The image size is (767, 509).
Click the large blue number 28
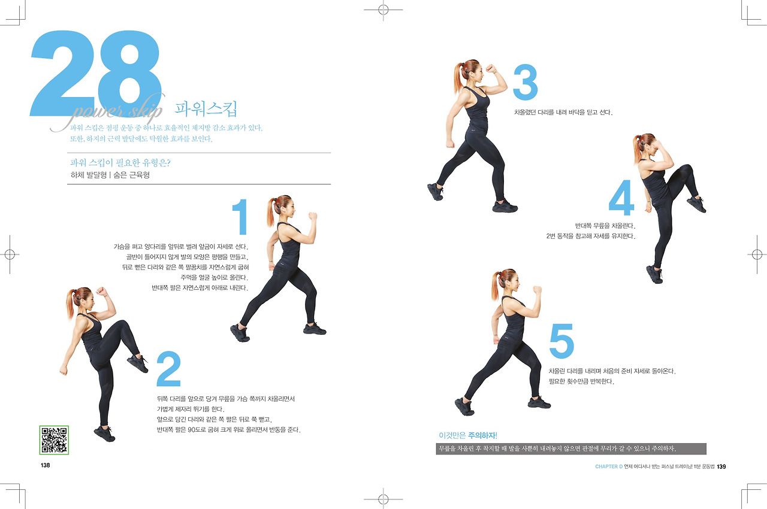tap(96, 74)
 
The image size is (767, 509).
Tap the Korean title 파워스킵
tap(206, 109)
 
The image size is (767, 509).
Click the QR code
tap(54, 440)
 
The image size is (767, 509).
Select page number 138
tap(45, 465)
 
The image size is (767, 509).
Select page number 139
tap(721, 466)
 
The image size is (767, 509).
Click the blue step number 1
tap(240, 217)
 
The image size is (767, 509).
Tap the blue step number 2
tap(168, 369)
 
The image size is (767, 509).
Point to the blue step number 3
tap(526, 82)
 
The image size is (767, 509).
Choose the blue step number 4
tap(621, 198)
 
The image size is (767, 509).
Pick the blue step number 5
tap(561, 341)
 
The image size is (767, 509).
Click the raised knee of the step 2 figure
tap(122, 326)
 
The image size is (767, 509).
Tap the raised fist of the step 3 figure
tap(491, 69)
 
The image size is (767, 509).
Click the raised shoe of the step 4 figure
tap(696, 204)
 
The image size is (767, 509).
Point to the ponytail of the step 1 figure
tap(271, 212)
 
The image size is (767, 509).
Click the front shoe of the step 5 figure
tap(539, 402)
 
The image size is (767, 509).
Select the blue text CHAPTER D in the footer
tap(609, 466)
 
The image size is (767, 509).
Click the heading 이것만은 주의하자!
tap(468, 435)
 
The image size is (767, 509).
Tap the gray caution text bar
tap(571, 449)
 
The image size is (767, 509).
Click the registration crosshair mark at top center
tap(383, 10)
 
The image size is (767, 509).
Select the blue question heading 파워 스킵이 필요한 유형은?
tap(120, 162)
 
